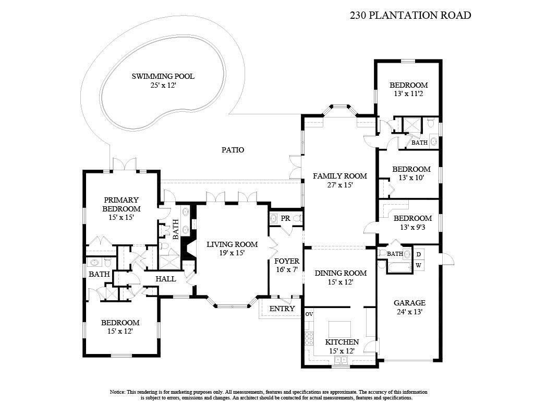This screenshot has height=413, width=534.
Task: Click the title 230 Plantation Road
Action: coord(410,15)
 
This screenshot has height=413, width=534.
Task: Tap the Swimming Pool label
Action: coord(163,76)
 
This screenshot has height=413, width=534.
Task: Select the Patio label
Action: coord(233,150)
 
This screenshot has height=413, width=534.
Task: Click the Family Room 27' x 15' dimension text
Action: coord(339,185)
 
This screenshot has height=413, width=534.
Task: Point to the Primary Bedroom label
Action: coord(121,204)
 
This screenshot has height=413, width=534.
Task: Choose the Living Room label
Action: coord(232,244)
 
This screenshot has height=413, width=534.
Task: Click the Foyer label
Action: coord(286,261)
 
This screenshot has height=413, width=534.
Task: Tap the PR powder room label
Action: coord(285,218)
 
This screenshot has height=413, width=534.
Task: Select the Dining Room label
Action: coord(340,273)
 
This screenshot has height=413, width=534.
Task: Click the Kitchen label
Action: coord(342,342)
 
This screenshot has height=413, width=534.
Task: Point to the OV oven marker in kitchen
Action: coord(309,314)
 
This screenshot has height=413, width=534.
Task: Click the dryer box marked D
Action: coord(418,254)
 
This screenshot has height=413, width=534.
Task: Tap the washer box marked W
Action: coord(418,265)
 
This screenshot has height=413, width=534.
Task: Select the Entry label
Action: coord(282,309)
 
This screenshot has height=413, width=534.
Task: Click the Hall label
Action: coord(166,279)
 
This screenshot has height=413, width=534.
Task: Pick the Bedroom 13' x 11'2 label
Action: coord(409,85)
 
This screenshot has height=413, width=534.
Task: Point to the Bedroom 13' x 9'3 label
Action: coord(412,218)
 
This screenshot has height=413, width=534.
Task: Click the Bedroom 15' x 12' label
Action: coord(120,323)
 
